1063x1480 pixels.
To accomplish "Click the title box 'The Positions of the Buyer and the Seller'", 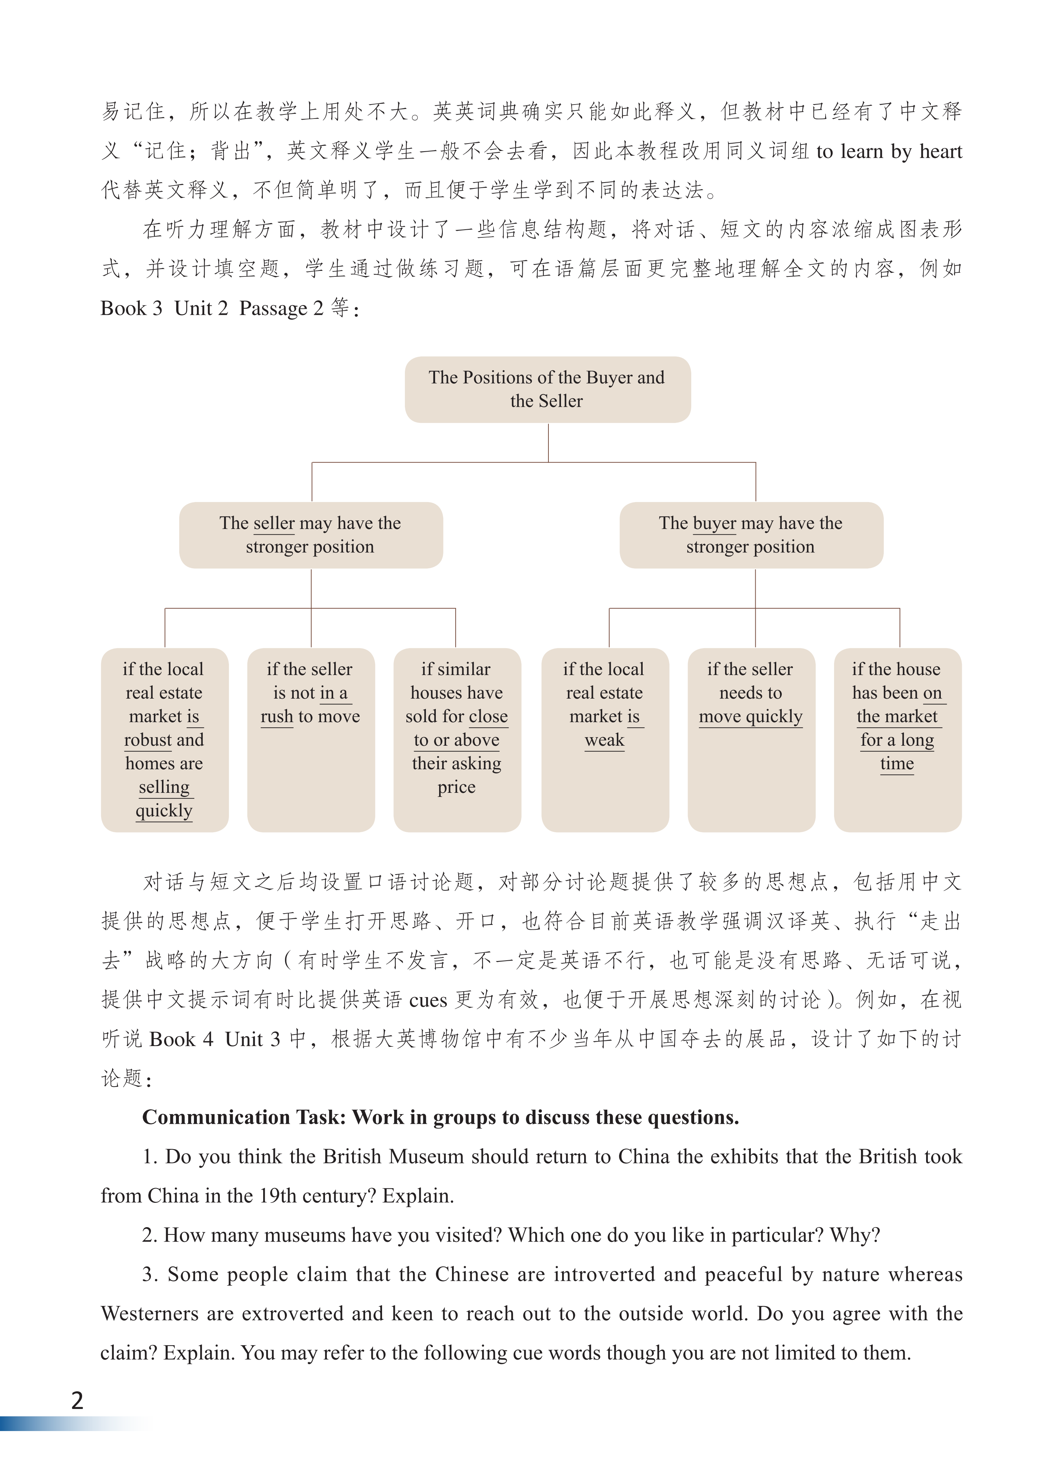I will [x=547, y=389].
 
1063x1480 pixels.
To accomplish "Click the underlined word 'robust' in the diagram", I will [x=148, y=740].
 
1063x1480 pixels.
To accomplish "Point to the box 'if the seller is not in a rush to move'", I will [x=311, y=739].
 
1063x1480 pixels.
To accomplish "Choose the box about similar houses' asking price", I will [x=457, y=739].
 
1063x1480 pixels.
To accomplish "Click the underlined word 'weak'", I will [x=604, y=740].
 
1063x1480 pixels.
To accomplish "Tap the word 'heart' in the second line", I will [x=940, y=151].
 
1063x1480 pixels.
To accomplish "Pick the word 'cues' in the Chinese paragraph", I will [x=428, y=1000].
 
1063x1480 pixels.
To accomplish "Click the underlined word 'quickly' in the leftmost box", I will [x=164, y=810].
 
